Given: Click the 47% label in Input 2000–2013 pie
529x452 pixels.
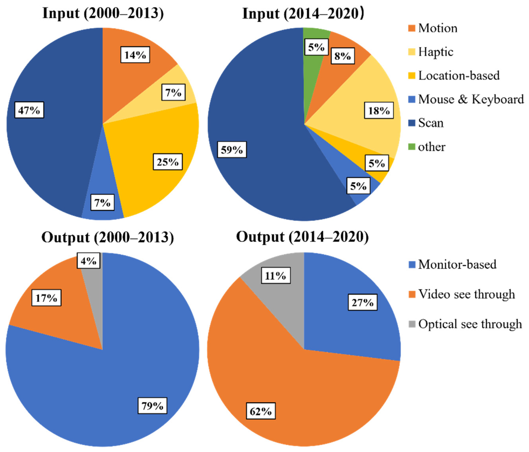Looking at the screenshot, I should coord(29,110).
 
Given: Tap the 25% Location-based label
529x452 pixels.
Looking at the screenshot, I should coord(168,162).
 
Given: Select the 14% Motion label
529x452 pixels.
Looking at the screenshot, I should coord(135,55).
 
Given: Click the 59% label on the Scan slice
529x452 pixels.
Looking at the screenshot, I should coord(232,150).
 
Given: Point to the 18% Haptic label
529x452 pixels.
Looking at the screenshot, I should coord(379,110).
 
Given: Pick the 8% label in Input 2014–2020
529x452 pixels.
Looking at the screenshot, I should coord(343,56).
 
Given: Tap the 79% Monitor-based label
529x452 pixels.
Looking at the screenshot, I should coord(152,406).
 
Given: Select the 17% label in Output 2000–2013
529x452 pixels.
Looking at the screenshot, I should coord(46,298).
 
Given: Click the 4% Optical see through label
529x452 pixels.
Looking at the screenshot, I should coord(89,261).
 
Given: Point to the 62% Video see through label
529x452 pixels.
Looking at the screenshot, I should coord(261,411).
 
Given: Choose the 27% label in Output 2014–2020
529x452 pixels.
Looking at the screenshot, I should coord(363,302).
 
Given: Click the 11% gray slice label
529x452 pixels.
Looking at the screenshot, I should coord(276,275).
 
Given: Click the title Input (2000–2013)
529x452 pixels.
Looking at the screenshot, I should coord(103,13).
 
